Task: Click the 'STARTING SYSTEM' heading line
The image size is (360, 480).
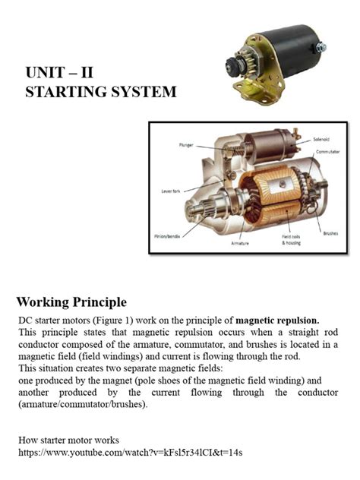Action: [x=100, y=92]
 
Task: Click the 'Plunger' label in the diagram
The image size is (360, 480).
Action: [x=186, y=144]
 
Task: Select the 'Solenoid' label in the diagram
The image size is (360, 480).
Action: [x=321, y=140]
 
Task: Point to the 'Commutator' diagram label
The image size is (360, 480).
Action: [x=327, y=153]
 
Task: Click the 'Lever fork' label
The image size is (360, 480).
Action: [x=172, y=191]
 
